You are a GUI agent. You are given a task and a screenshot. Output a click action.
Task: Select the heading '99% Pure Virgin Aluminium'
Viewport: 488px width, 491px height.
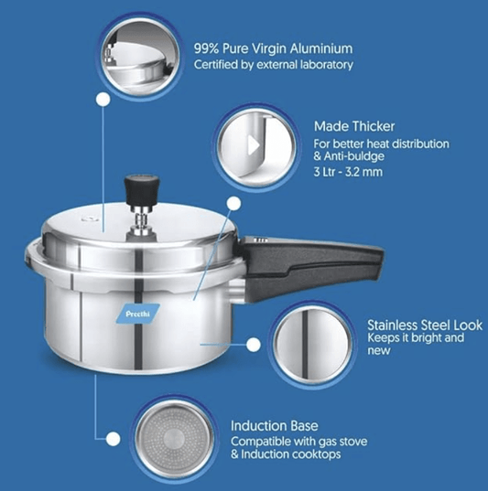point(273,48)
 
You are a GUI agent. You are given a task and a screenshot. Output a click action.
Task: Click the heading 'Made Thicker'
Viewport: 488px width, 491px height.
point(354,127)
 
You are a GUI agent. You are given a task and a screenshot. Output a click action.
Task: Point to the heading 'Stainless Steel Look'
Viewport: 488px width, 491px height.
point(425,325)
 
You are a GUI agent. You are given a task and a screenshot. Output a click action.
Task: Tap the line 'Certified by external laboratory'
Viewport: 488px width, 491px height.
point(272,65)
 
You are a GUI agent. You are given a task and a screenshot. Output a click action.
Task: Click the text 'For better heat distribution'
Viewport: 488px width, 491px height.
point(381,144)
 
